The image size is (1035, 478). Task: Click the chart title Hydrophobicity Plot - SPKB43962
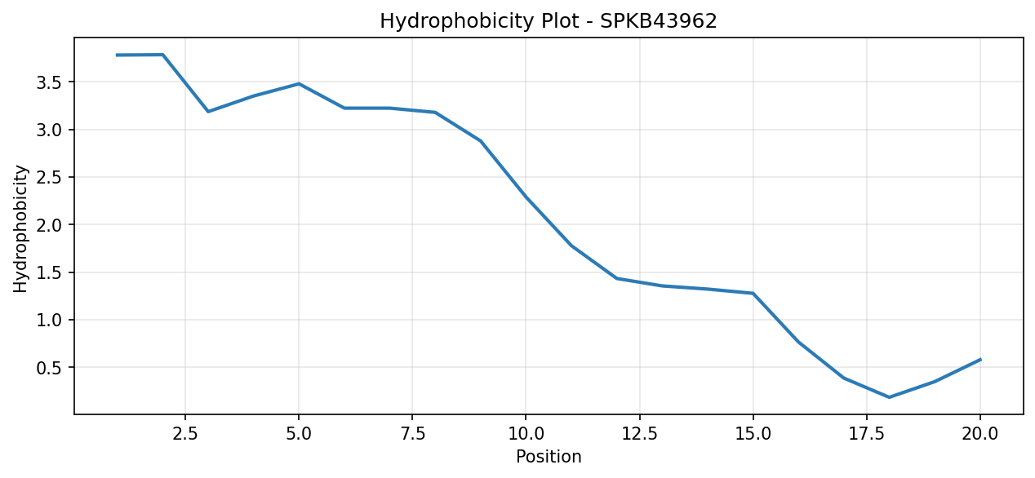549,21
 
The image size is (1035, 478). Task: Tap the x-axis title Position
549,457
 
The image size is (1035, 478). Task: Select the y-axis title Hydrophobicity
20,229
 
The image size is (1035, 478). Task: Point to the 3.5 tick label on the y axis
49,82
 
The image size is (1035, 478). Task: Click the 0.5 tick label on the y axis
49,368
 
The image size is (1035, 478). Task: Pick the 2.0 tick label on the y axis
49,225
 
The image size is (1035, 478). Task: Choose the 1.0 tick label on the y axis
49,320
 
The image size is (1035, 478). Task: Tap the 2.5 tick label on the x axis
184,434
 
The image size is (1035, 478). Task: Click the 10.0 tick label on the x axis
526,434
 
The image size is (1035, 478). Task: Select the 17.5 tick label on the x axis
867,434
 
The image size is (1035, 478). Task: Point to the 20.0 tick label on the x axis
980,434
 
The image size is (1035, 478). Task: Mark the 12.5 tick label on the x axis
639,434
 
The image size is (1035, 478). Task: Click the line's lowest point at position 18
890,397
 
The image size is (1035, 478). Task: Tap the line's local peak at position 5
299,83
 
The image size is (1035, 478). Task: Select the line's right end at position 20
980,359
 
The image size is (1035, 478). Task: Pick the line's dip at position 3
208,112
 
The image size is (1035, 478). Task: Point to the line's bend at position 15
753,294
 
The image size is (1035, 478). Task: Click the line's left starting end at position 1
117,55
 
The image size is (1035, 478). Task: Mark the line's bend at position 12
617,278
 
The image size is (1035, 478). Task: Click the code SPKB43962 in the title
659,21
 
